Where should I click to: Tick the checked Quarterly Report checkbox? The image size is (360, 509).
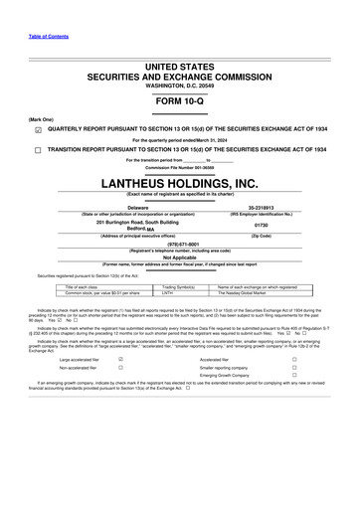coord(37,128)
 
